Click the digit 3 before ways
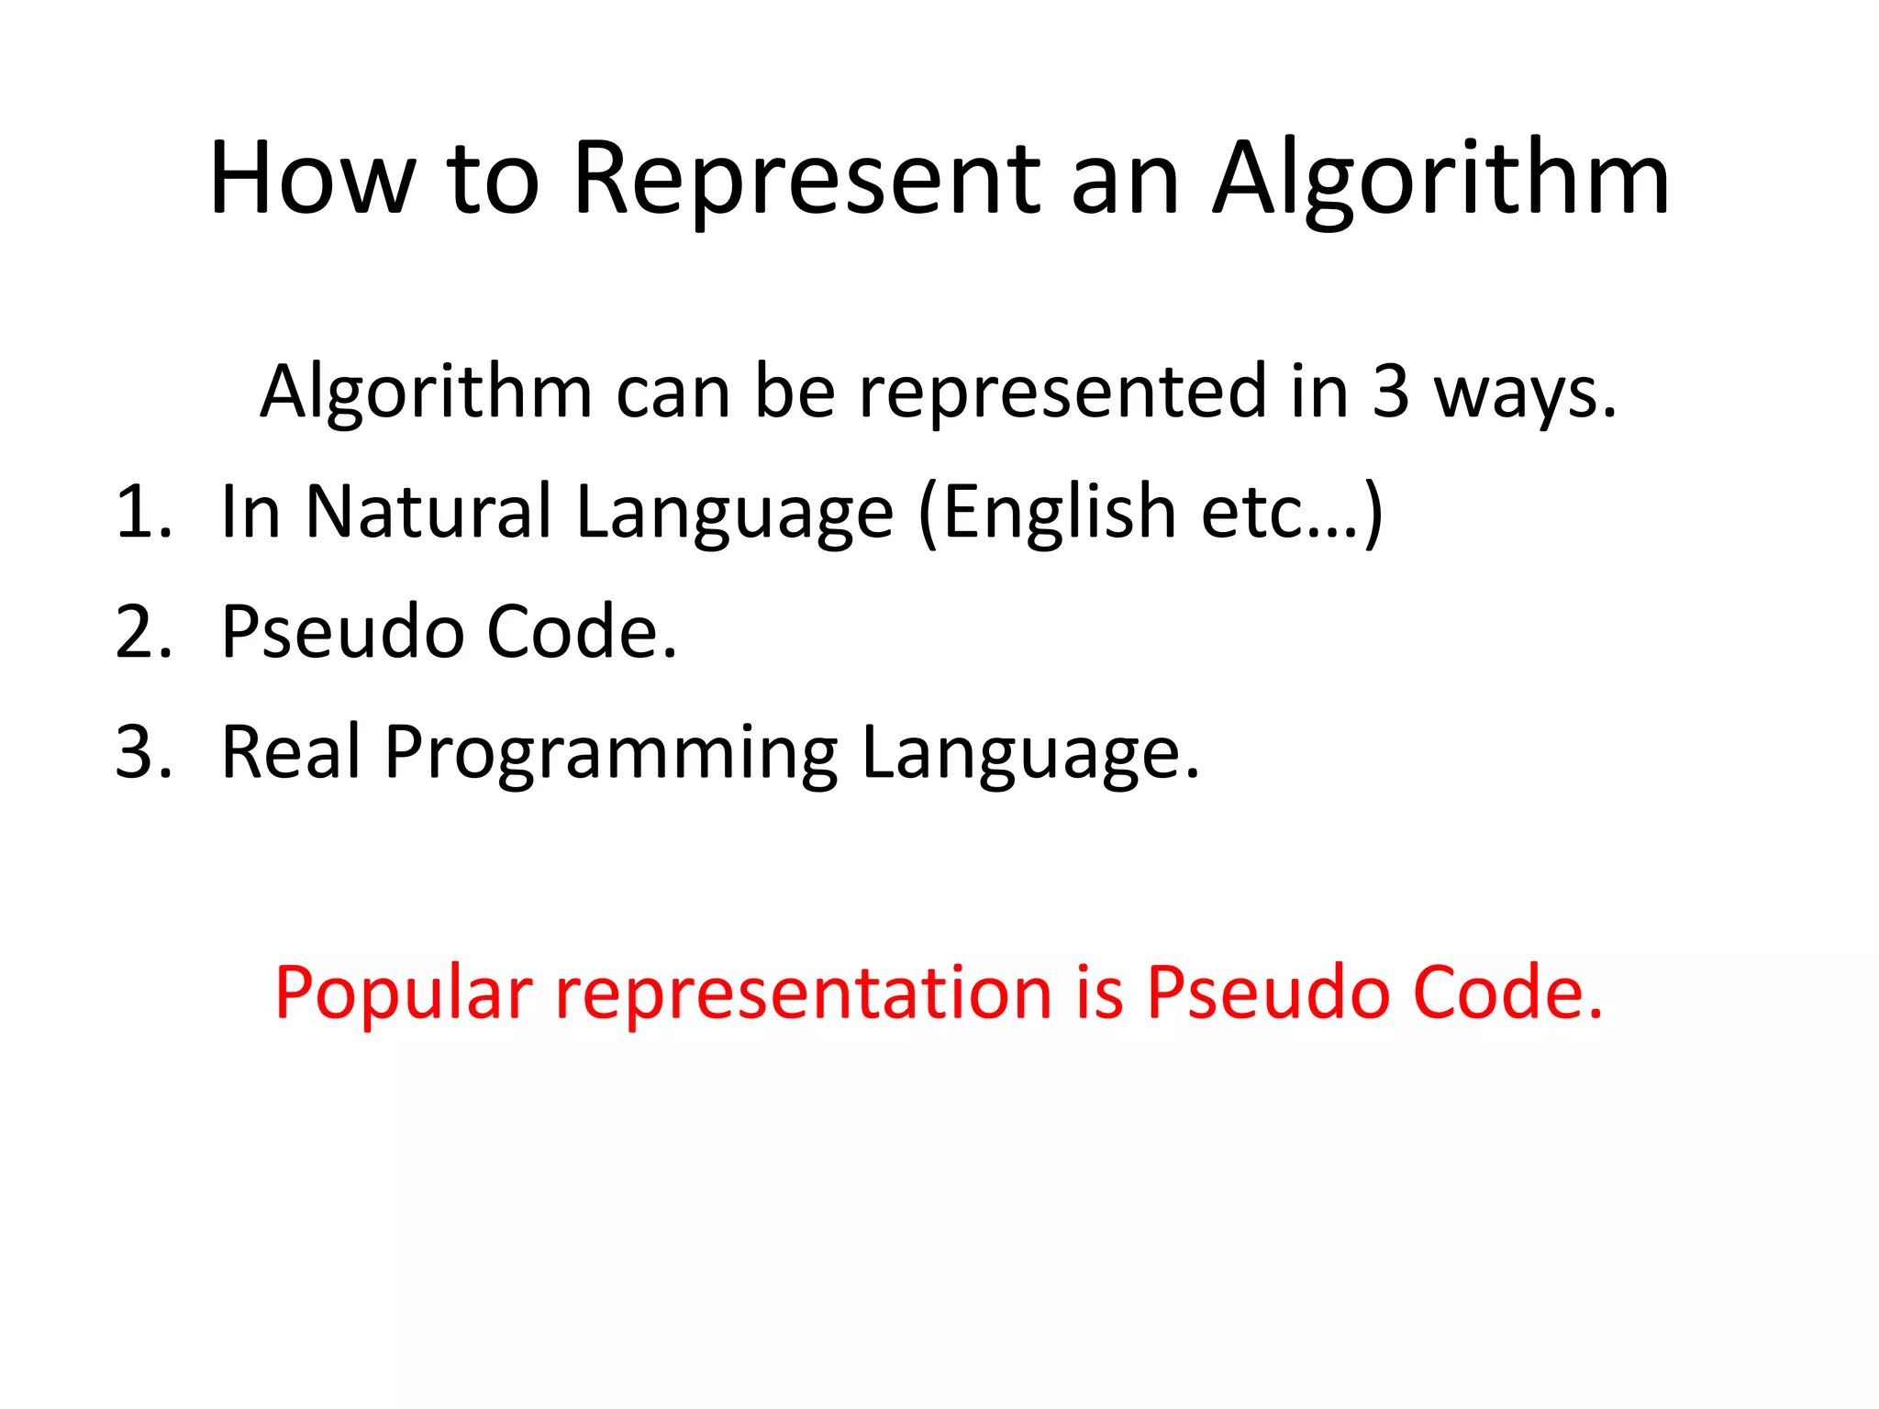(x=1390, y=392)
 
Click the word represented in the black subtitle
(x=1062, y=392)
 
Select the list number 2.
(x=143, y=632)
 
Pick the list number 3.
(x=143, y=752)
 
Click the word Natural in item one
(x=428, y=512)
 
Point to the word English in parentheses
(x=1060, y=512)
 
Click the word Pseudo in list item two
(x=342, y=632)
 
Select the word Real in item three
(x=292, y=752)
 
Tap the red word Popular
(x=404, y=993)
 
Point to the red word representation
(x=804, y=993)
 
